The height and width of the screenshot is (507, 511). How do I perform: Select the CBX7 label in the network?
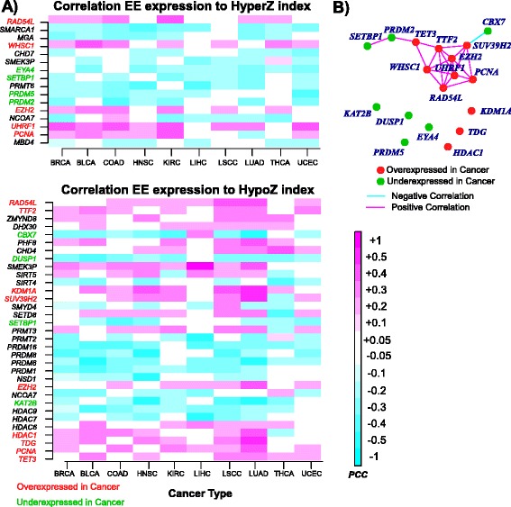click(x=492, y=20)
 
